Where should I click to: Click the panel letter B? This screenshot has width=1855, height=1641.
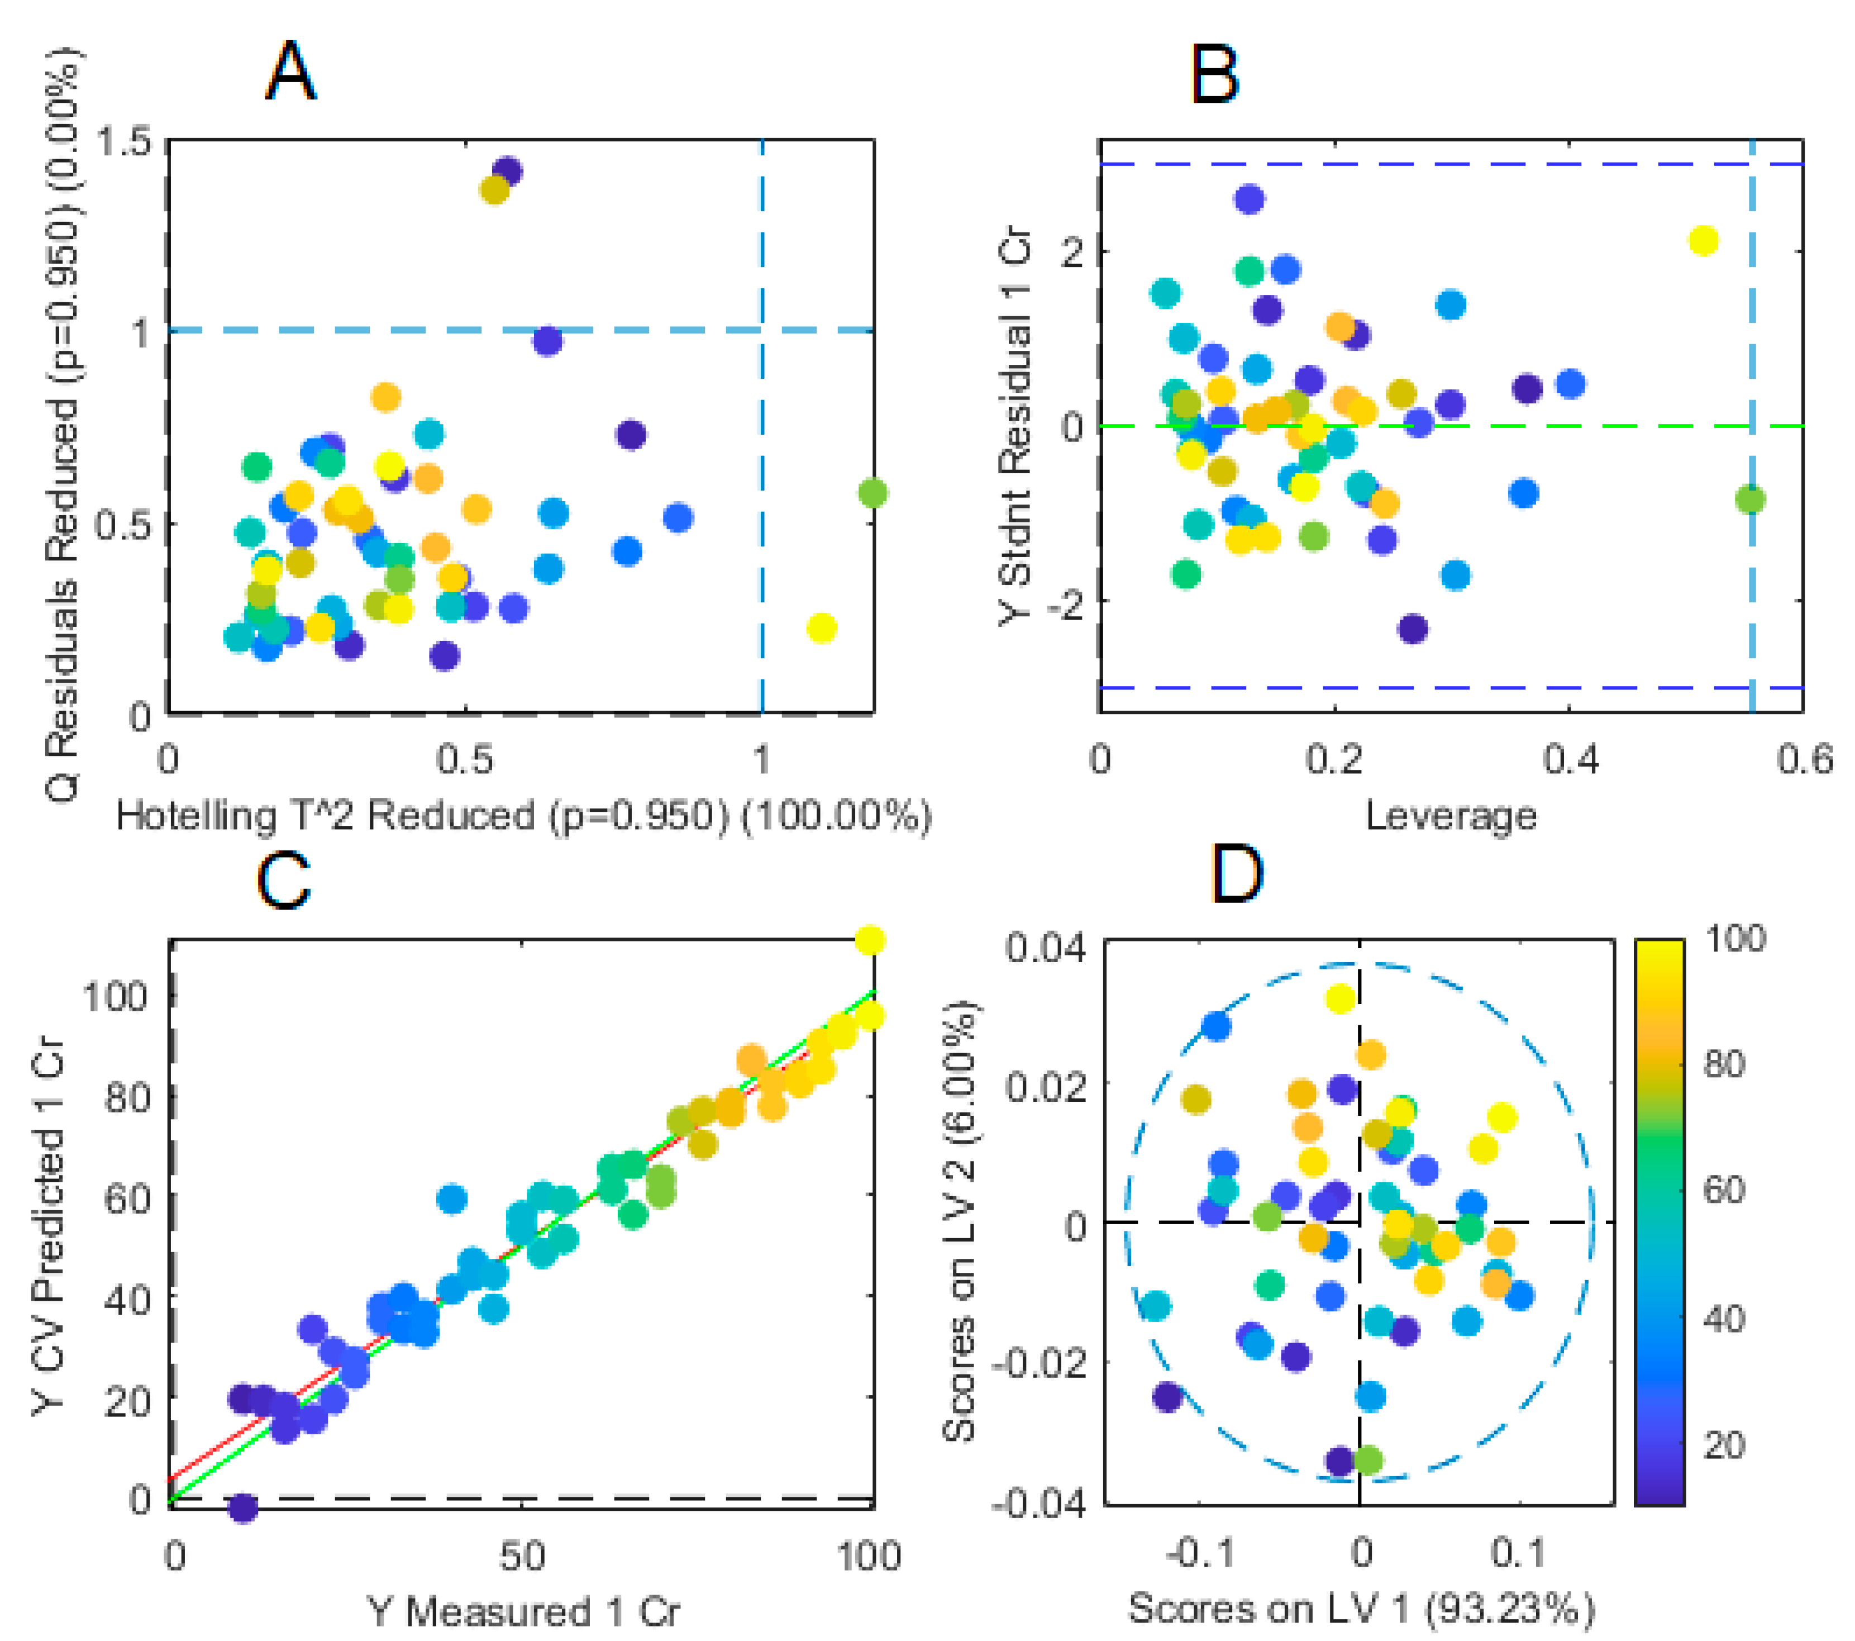1214,74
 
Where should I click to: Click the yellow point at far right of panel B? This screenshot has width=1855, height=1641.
1704,240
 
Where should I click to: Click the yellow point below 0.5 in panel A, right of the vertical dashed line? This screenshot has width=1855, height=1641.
821,627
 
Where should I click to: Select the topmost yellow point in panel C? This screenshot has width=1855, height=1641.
870,940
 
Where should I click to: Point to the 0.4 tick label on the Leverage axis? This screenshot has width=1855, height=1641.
1571,759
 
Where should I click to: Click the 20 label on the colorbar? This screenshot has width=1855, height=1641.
1723,1444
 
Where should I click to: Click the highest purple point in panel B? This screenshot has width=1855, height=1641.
1250,199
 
